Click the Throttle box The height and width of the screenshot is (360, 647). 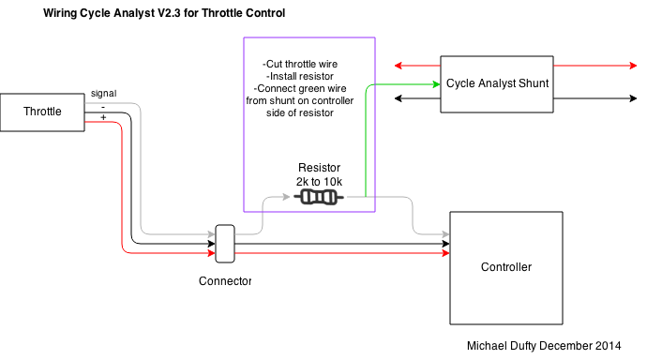coord(42,112)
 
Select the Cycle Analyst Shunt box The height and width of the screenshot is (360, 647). coord(497,84)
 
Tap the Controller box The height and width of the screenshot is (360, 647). coord(506,268)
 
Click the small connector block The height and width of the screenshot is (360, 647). coord(225,244)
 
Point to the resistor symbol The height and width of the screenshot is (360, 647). coord(319,197)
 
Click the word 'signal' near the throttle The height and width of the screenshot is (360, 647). coord(103,94)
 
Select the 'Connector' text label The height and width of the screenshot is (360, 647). coord(225,281)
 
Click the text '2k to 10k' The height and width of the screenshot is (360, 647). coord(319,182)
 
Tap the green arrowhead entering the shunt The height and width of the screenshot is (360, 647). coord(437,84)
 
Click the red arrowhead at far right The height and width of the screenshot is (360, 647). coord(633,66)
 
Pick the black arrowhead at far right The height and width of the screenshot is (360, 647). coord(633,98)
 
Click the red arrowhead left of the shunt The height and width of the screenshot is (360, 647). coord(399,66)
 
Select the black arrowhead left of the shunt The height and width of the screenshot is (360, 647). coord(399,98)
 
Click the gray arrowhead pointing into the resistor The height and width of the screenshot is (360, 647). coord(286,197)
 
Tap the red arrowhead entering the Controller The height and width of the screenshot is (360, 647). coord(445,253)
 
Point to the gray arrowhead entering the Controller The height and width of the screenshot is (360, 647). coord(445,234)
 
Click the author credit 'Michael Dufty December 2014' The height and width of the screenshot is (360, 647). coord(544,346)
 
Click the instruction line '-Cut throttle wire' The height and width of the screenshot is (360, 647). coord(300,64)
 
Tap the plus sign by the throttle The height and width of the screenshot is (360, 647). coord(103,117)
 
